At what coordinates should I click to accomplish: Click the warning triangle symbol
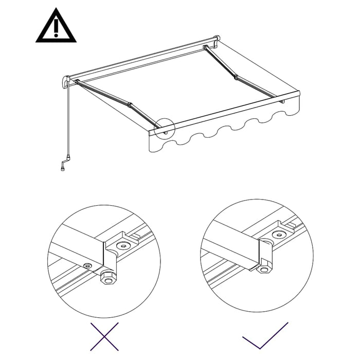[x=56, y=27]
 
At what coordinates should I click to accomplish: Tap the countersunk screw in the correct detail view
[x=280, y=235]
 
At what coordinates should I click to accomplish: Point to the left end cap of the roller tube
[x=66, y=82]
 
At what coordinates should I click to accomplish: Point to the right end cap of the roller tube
[x=217, y=40]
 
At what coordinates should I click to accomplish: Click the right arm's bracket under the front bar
[x=282, y=102]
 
